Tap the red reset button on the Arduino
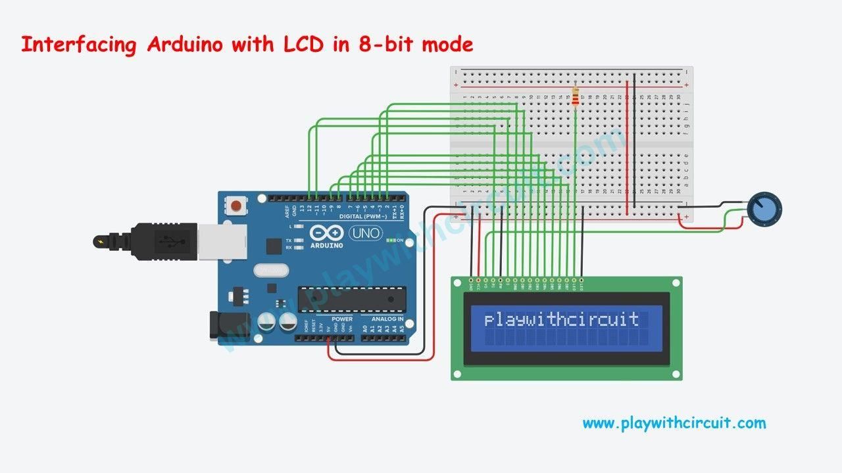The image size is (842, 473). pyautogui.click(x=235, y=206)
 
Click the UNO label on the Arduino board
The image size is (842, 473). pyautogui.click(x=364, y=233)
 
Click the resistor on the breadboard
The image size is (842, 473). pyautogui.click(x=576, y=97)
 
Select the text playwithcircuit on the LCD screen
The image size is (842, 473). pyautogui.click(x=561, y=320)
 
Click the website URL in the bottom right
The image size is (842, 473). pyautogui.click(x=674, y=423)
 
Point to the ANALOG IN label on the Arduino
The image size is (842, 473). pyautogui.click(x=388, y=319)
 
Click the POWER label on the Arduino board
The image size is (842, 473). pyautogui.click(x=342, y=319)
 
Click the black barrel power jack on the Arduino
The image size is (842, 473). pyautogui.click(x=227, y=326)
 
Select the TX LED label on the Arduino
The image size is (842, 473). pyautogui.click(x=289, y=240)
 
